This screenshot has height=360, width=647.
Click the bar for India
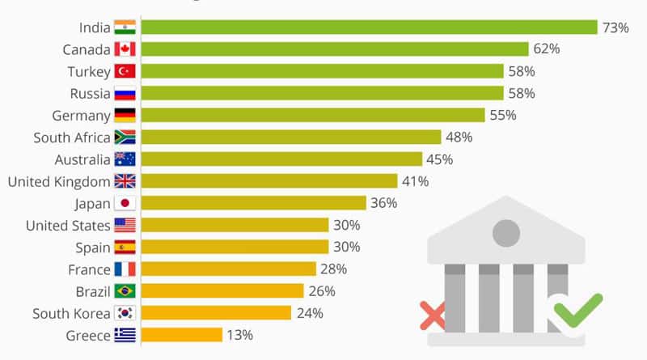click(370, 28)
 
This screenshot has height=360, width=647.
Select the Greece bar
click(182, 335)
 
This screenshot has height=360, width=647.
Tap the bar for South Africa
click(291, 137)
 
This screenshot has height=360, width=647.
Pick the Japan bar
click(254, 203)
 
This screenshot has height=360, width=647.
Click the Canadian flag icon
click(125, 49)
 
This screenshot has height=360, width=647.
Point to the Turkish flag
click(125, 71)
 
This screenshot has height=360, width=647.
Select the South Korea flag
click(125, 313)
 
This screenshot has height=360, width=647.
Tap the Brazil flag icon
click(125, 291)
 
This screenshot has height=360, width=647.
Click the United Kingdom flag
click(125, 181)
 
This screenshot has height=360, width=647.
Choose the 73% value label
click(615, 28)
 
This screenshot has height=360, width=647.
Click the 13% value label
click(239, 335)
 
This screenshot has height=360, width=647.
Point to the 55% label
click(503, 115)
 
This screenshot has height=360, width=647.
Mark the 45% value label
click(439, 159)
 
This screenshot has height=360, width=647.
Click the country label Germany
click(82, 116)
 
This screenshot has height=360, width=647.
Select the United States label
click(68, 226)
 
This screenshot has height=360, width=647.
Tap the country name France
click(89, 269)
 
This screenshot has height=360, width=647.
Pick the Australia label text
click(82, 159)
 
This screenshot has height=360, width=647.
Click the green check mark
click(578, 310)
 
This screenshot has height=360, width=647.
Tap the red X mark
click(433, 316)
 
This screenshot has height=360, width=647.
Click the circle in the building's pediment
click(506, 233)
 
